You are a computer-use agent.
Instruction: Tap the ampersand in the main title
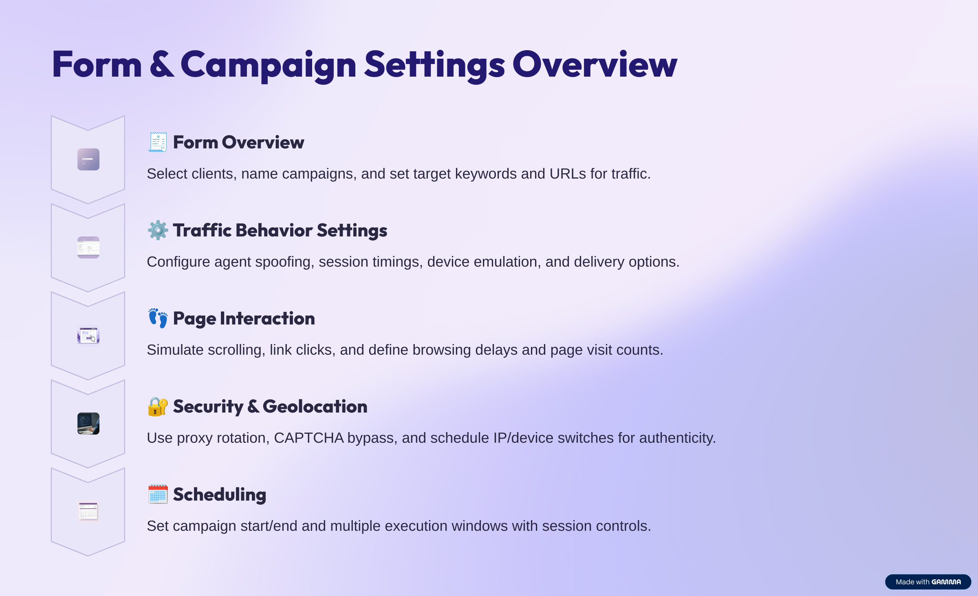click(162, 64)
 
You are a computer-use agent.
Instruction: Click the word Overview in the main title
click(595, 64)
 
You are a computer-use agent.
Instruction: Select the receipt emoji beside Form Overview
click(158, 142)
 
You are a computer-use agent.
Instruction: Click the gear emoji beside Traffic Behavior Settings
click(158, 230)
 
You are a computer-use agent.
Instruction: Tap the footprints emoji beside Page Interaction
click(158, 318)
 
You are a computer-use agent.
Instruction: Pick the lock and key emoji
click(158, 406)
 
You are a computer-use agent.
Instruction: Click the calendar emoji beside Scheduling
click(158, 494)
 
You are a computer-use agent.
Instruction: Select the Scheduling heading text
click(220, 495)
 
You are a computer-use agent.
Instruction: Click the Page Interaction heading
click(244, 319)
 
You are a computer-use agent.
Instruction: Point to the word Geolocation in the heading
click(315, 406)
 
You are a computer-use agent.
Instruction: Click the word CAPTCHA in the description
click(309, 438)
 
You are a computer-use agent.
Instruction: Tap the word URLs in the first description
click(568, 174)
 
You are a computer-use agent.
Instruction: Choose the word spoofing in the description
click(285, 262)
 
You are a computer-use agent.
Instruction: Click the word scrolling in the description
click(235, 350)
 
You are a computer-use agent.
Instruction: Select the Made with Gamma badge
click(928, 582)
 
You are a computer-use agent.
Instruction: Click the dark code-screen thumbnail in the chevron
click(88, 424)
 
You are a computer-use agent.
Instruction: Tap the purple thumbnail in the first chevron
click(88, 159)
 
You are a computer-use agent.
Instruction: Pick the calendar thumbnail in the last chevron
click(88, 511)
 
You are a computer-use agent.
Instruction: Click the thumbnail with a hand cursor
click(88, 336)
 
